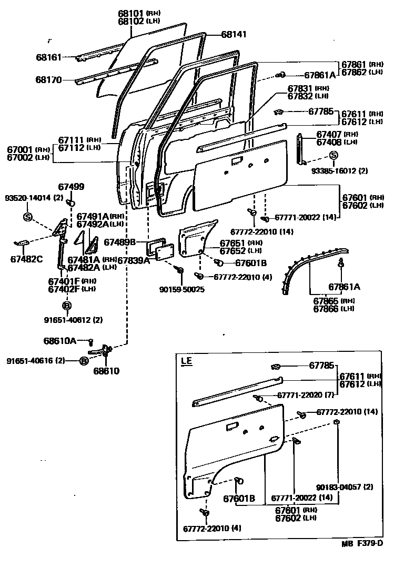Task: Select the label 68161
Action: point(48,57)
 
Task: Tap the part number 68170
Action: point(48,80)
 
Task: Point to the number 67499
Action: point(71,187)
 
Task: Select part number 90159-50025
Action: point(181,289)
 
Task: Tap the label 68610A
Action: point(59,341)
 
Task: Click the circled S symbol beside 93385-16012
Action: point(333,155)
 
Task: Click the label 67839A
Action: point(133,260)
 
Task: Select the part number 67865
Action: point(326,301)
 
